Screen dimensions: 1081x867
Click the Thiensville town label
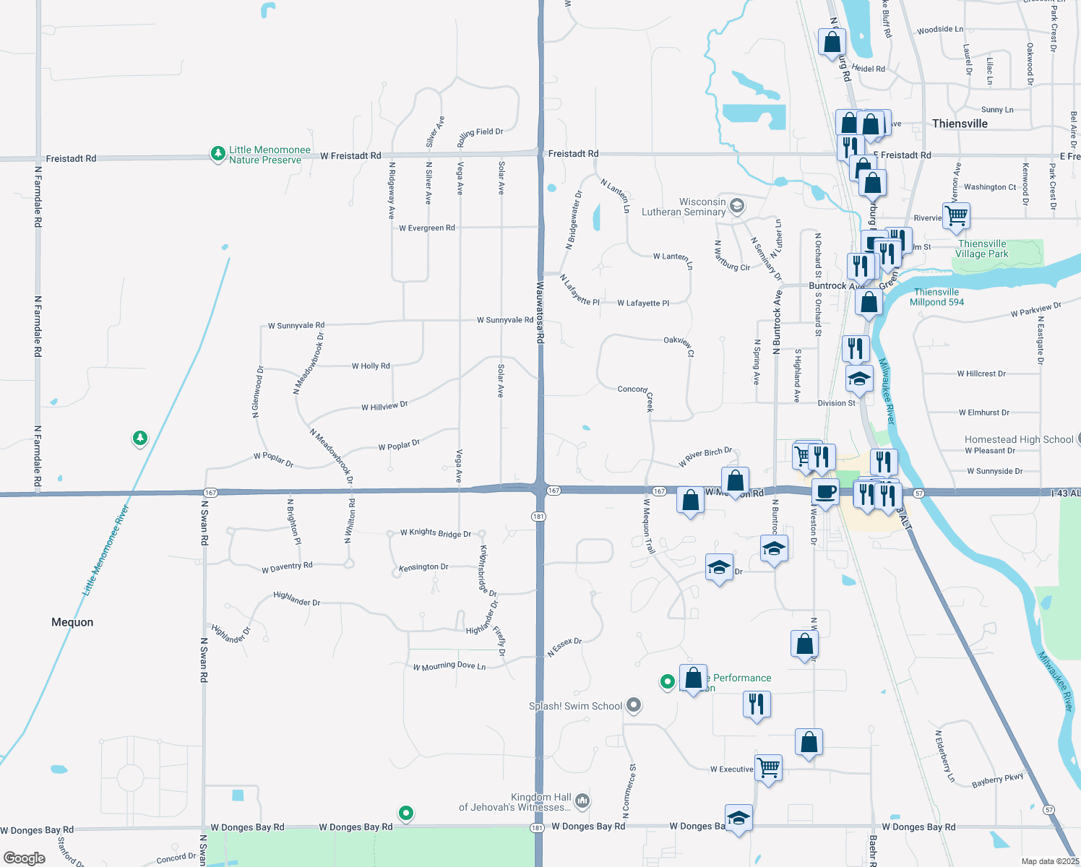coord(960,124)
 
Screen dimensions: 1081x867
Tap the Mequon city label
coord(72,622)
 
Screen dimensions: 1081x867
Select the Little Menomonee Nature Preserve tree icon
coord(218,153)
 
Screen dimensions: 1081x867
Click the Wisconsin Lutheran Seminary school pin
coord(736,207)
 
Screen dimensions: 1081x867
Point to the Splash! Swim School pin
coord(634,704)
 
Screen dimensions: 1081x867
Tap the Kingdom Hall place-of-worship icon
coord(582,801)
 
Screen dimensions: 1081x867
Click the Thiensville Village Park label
coord(982,249)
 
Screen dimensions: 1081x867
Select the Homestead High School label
coord(1019,439)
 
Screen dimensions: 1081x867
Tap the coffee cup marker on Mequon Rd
coord(825,491)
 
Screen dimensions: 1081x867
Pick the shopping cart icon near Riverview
coord(956,215)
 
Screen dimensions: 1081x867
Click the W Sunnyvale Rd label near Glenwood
coord(296,326)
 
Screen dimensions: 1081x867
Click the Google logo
coord(25,858)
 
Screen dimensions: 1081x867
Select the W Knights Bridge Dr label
coord(436,533)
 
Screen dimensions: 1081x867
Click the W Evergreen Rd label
coord(427,228)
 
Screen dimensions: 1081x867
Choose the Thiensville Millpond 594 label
coord(936,297)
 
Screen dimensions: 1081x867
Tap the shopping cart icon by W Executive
coord(768,767)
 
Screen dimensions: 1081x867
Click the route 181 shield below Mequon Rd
coord(538,517)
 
